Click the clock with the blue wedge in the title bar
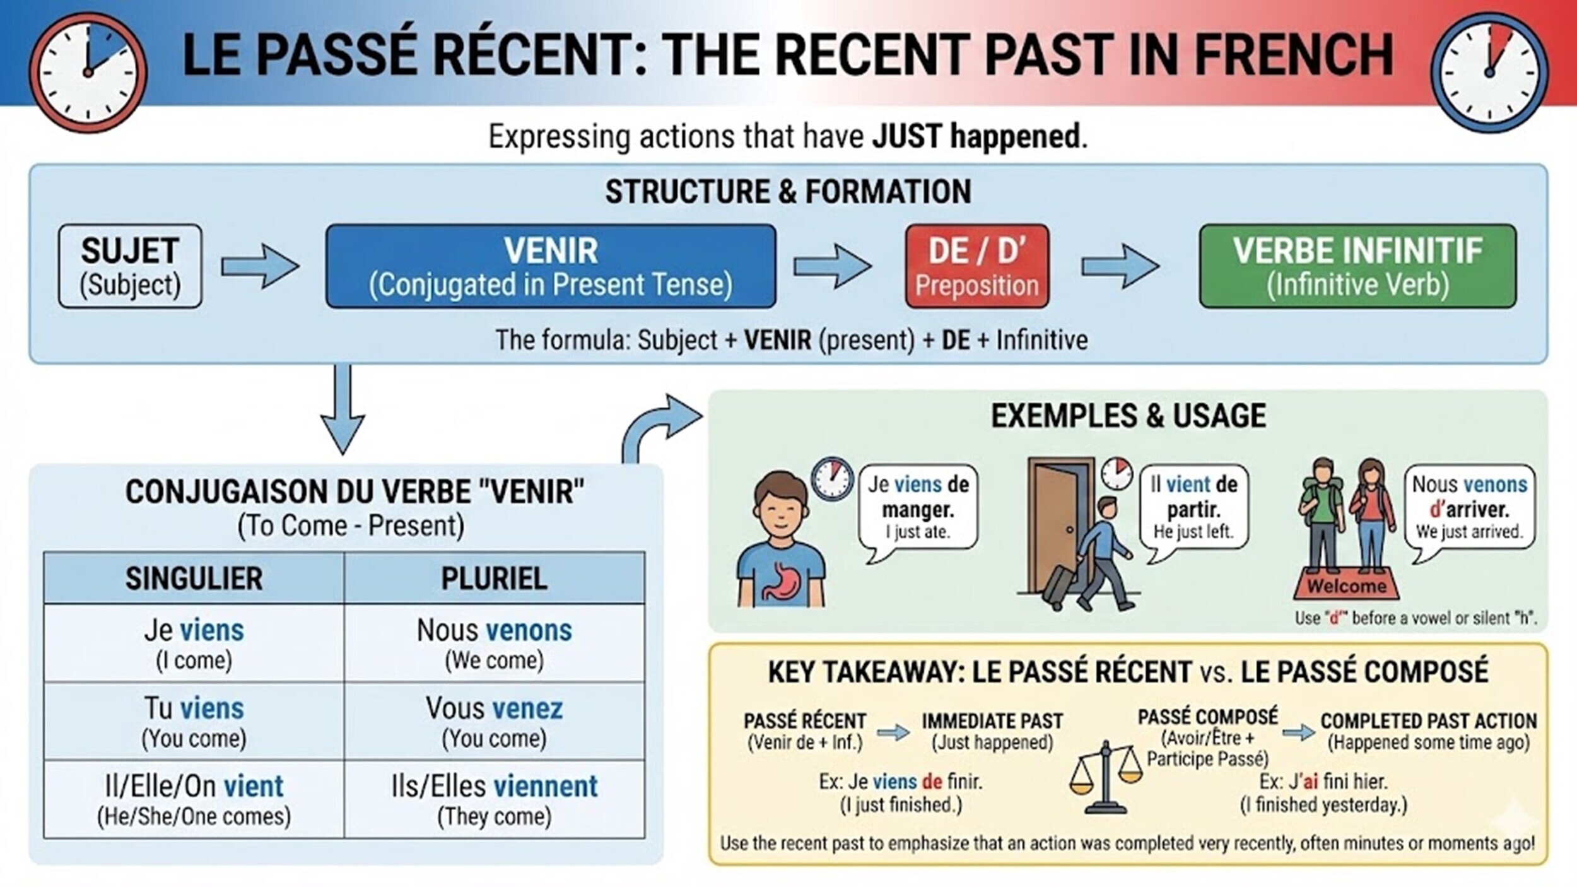pyautogui.click(x=88, y=73)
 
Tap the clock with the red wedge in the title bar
pyautogui.click(x=1489, y=73)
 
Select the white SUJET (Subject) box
pyautogui.click(x=130, y=266)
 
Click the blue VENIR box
pyautogui.click(x=551, y=266)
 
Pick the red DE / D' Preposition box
pyautogui.click(x=976, y=266)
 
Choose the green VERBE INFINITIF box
pyautogui.click(x=1357, y=266)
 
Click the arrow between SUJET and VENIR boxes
pyautogui.click(x=260, y=266)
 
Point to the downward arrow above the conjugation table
pyautogui.click(x=343, y=410)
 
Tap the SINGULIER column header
pyautogui.click(x=194, y=579)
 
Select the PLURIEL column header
pyautogui.click(x=494, y=579)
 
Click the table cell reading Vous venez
pyautogui.click(x=494, y=721)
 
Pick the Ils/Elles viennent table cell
pyautogui.click(x=494, y=799)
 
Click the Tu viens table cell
pyautogui.click(x=194, y=721)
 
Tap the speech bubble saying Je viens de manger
pyautogui.click(x=918, y=508)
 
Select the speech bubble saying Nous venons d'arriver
pyautogui.click(x=1469, y=508)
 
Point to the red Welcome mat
pyautogui.click(x=1345, y=584)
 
